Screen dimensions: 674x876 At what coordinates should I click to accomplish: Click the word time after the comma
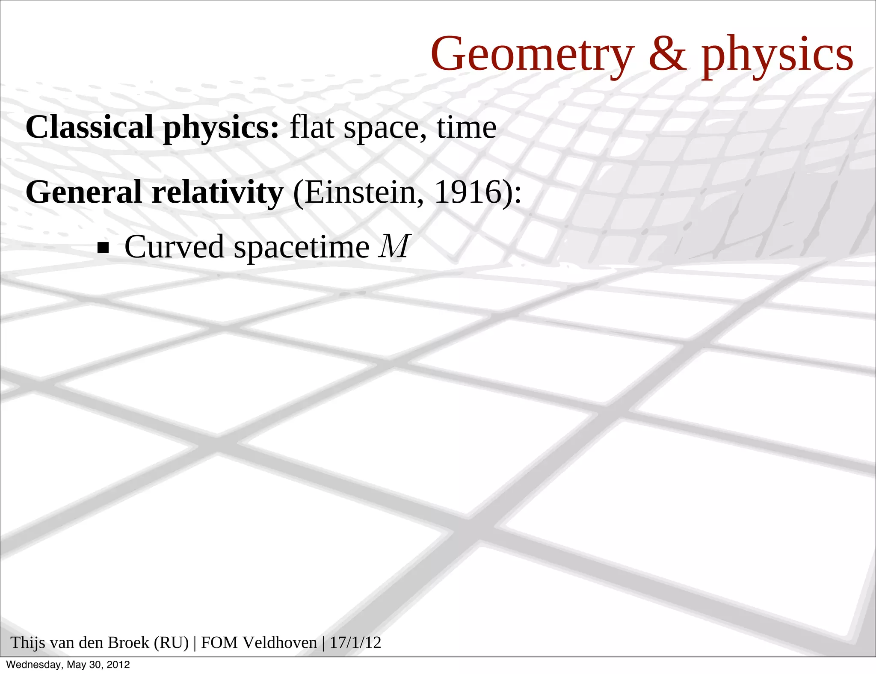tap(466, 127)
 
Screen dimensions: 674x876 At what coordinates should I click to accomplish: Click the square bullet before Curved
tap(103, 248)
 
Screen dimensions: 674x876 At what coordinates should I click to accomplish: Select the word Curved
tap(174, 247)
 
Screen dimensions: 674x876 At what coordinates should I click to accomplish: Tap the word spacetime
tap(302, 248)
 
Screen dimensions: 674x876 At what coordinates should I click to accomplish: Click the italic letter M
tap(394, 246)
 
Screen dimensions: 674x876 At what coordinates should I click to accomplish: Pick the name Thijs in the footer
tap(27, 643)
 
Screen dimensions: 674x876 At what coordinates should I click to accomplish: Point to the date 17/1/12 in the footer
tap(355, 643)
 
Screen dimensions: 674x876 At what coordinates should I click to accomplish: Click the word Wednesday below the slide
tap(34, 665)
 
